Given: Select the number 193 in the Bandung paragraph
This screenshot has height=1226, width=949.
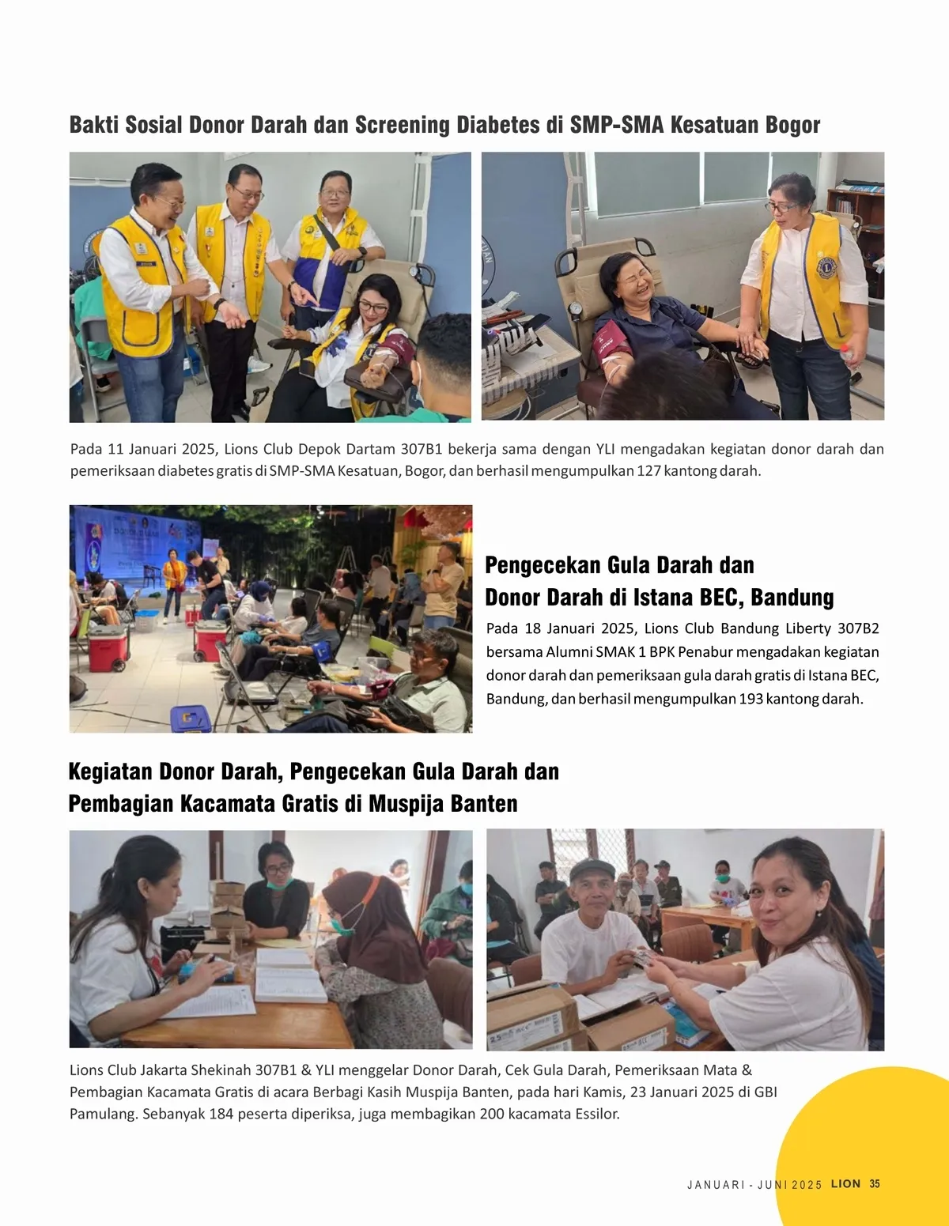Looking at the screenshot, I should (751, 699).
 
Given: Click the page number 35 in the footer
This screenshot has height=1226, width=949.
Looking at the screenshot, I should (874, 1184).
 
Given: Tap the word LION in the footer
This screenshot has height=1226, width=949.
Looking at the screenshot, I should (845, 1184).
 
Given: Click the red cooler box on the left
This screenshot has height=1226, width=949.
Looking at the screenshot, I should (108, 647).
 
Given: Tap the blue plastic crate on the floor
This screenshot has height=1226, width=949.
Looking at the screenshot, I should (190, 717).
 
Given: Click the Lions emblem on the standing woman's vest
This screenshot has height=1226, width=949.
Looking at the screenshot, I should (826, 266).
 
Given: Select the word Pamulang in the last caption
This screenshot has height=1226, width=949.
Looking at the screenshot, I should (102, 1114).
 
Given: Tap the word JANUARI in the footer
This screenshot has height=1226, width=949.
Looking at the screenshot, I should (716, 1184).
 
